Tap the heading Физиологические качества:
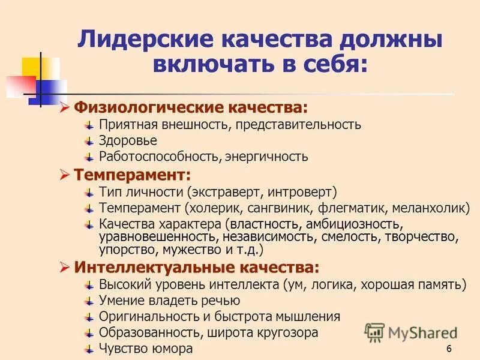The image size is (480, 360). click(x=190, y=109)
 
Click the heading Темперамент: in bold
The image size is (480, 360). click(x=132, y=176)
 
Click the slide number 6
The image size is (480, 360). click(x=449, y=350)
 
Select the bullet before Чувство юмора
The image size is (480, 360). click(x=88, y=348)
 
